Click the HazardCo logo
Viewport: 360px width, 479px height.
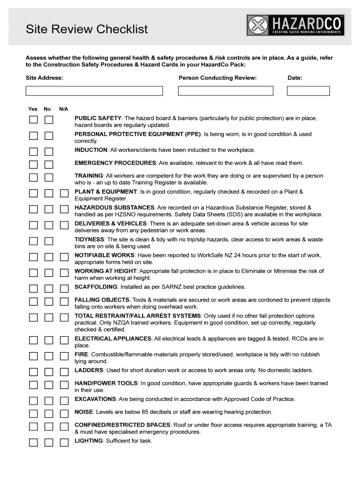(295, 25)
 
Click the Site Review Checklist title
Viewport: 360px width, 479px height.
(86, 29)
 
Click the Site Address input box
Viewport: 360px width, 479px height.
(94, 91)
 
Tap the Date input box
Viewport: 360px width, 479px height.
(308, 91)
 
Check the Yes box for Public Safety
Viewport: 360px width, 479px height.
(33, 120)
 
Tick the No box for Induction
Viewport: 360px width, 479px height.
(49, 152)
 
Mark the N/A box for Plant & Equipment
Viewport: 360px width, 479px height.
(64, 193)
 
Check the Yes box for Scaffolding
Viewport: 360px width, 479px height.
(33, 288)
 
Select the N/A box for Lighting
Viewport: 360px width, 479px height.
(64, 442)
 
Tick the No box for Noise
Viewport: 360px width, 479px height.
(49, 414)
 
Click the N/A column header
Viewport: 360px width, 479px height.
(64, 109)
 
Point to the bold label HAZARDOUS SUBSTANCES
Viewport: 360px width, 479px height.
(115, 207)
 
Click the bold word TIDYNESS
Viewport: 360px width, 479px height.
(89, 239)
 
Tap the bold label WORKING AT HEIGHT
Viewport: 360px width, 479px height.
(106, 271)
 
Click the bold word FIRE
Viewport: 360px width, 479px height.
(81, 354)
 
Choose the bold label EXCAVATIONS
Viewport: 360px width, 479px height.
(95, 399)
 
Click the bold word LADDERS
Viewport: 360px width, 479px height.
(89, 370)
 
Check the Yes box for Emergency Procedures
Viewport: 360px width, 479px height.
(33, 164)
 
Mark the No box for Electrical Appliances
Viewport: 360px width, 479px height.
(49, 340)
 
